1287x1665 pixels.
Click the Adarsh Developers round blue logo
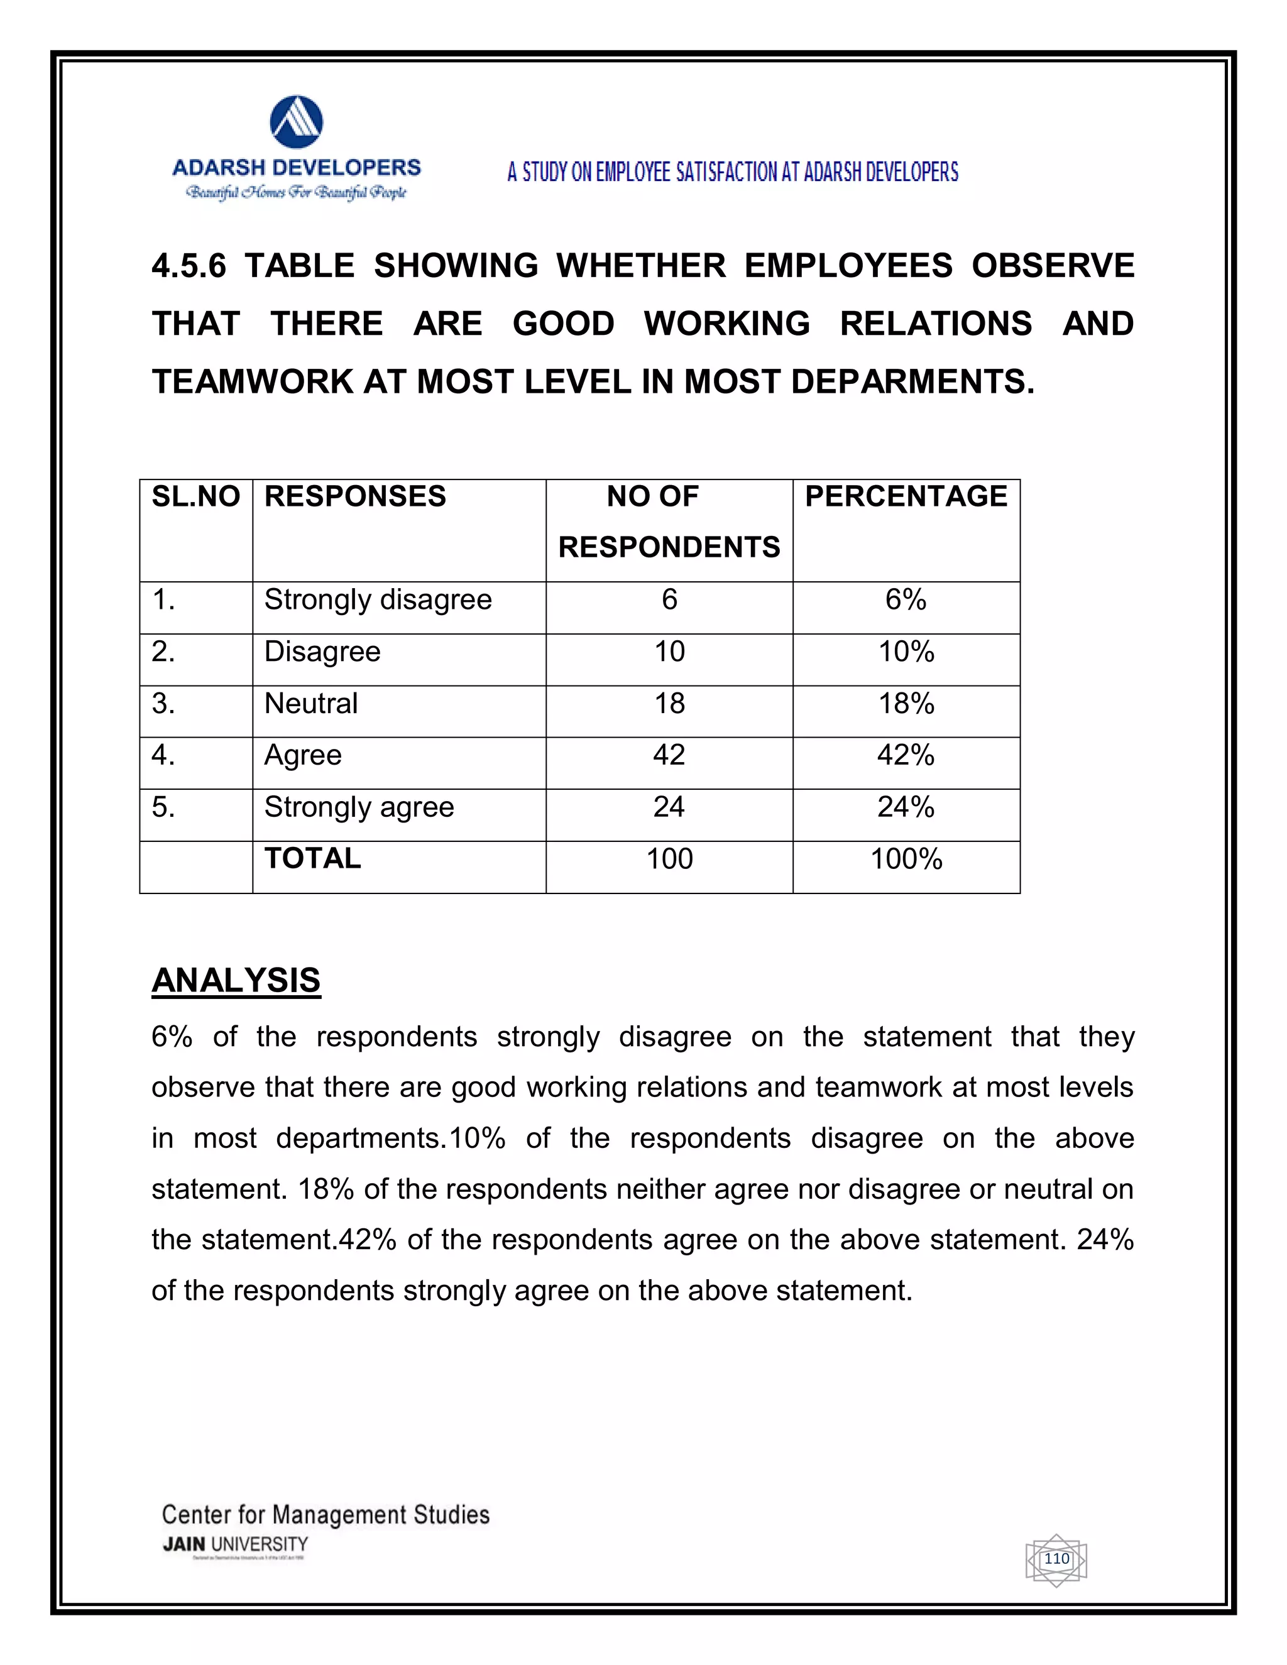297,122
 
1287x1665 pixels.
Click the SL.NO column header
196,496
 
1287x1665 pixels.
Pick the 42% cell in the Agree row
906,755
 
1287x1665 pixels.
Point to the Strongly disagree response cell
378,599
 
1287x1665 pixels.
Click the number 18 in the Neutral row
669,703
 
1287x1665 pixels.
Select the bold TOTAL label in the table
312,858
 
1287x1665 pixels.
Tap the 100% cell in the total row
906,859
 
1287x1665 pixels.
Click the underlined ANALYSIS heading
236,980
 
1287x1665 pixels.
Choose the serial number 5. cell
164,807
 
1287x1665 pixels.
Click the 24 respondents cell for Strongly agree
669,807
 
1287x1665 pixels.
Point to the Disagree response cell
322,652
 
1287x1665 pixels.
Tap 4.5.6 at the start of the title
189,266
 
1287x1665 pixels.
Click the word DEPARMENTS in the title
912,381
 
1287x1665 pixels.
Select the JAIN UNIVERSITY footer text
236,1544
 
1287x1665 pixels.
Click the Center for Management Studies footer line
326,1515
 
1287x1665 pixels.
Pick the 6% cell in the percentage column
906,599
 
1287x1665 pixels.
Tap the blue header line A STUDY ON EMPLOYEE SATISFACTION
733,172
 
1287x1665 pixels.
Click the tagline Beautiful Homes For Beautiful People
297,192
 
